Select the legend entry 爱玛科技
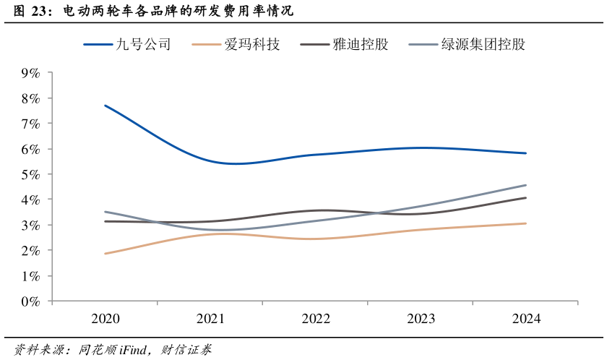(251, 45)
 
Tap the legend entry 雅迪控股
(360, 45)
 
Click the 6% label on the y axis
(30, 149)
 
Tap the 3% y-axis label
(30, 226)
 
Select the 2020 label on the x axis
(106, 319)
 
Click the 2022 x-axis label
(316, 319)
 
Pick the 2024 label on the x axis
(525, 319)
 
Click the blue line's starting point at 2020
(106, 106)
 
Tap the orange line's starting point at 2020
(106, 254)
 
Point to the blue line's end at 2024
(525, 153)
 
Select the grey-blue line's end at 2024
(525, 185)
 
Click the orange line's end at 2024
(525, 223)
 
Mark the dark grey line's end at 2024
(525, 197)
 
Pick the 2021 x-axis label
(210, 319)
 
